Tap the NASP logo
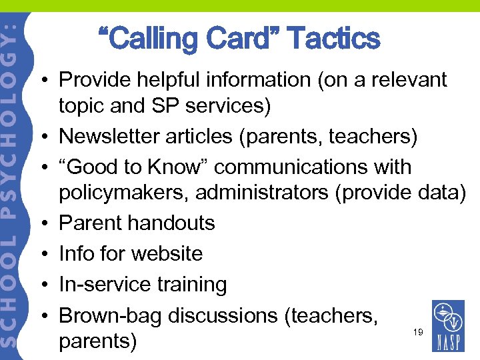[449, 326]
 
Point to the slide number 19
[417, 331]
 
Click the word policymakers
[124, 193]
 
